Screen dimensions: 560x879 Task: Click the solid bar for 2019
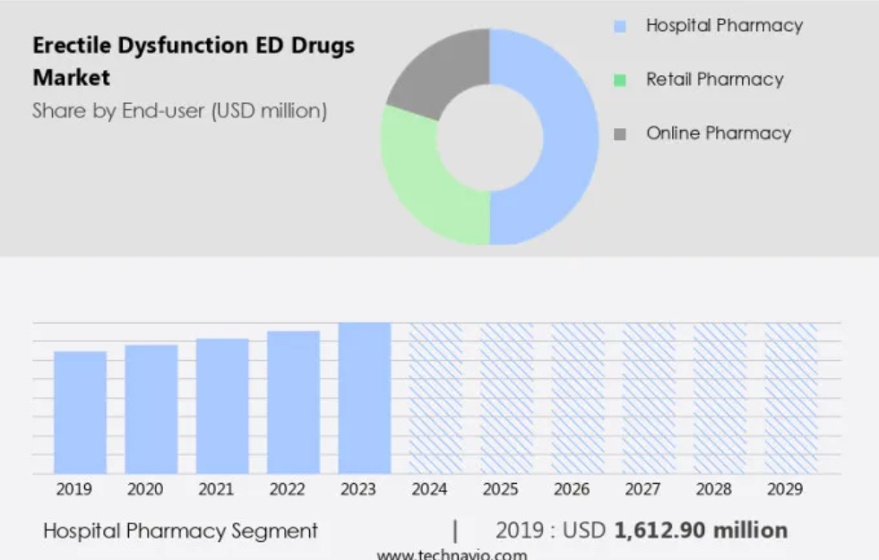click(x=80, y=412)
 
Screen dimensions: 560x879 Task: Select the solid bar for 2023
click(x=365, y=398)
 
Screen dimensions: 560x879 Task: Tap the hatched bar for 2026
click(x=578, y=398)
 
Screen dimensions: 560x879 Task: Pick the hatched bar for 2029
click(x=791, y=398)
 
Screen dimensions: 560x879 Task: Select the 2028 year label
click(x=713, y=489)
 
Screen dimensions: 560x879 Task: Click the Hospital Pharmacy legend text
click(x=724, y=26)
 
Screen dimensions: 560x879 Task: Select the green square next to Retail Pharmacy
click(x=620, y=81)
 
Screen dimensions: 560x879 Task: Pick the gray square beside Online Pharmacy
click(x=620, y=134)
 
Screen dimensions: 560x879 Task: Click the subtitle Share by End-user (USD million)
click(x=179, y=111)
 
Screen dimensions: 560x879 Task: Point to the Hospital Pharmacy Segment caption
click(x=180, y=531)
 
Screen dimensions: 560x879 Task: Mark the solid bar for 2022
click(x=293, y=402)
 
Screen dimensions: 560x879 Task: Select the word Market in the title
click(x=72, y=78)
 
